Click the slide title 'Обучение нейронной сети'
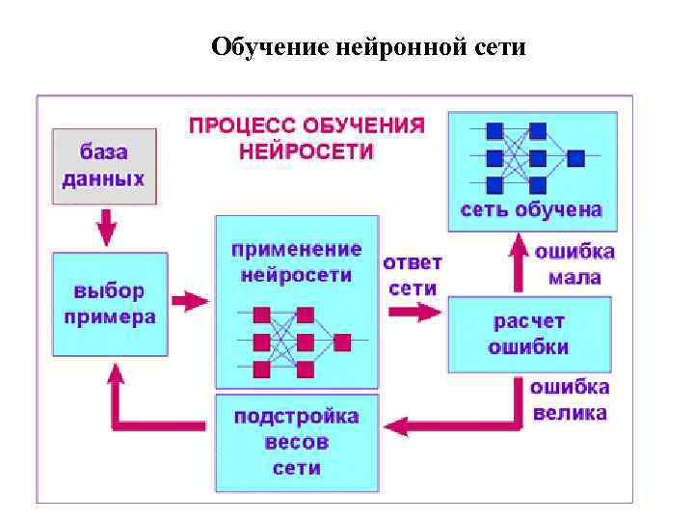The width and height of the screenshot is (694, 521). tap(368, 45)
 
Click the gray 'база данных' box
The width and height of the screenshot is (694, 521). tap(104, 165)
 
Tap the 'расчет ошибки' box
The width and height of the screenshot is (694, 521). tap(528, 334)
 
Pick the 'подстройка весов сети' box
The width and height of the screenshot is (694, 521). tap(296, 443)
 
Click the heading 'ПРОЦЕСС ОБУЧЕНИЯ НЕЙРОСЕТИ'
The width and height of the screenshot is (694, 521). tap(307, 138)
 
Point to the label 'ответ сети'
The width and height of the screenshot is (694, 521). tap(413, 275)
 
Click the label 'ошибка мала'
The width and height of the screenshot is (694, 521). tap(574, 264)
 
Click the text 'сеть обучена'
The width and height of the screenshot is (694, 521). tap(531, 209)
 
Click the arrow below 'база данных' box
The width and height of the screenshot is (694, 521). tap(106, 229)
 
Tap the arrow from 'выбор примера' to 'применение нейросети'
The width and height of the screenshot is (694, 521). tap(190, 301)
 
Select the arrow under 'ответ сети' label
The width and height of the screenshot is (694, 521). tap(414, 312)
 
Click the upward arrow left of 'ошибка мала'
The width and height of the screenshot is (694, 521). tap(518, 265)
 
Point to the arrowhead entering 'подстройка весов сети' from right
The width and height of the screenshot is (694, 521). tap(392, 425)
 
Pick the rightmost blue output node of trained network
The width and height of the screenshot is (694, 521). tap(575, 156)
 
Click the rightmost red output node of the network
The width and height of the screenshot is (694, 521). tap(342, 341)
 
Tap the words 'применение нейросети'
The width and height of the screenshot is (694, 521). tap(296, 261)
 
